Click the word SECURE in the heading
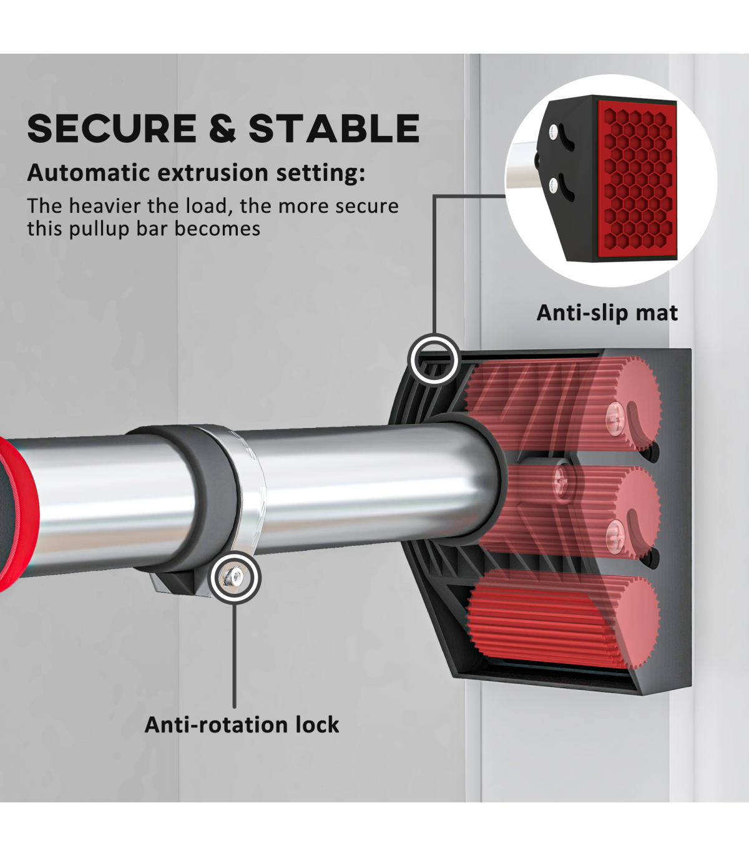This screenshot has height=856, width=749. [x=112, y=128]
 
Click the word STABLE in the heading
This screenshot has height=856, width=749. [x=334, y=128]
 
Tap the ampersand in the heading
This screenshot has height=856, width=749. [x=223, y=128]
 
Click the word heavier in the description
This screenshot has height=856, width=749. [x=107, y=206]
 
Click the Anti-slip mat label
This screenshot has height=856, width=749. [x=607, y=313]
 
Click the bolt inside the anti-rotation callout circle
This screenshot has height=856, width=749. [x=235, y=577]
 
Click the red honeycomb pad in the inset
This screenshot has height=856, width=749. [x=637, y=180]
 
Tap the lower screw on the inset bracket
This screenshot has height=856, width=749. [x=554, y=183]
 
